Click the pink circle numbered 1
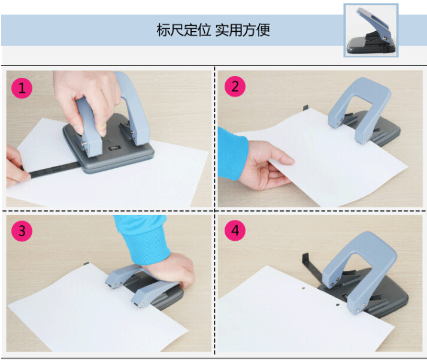click(22, 88)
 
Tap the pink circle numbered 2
click(235, 87)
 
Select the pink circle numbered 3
click(22, 231)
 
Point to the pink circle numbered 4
click(235, 231)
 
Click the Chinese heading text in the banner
click(213, 30)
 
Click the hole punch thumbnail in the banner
click(371, 30)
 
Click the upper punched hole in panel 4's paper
click(304, 288)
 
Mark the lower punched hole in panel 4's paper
click(337, 305)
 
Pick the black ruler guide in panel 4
click(313, 270)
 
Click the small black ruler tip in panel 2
click(305, 107)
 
